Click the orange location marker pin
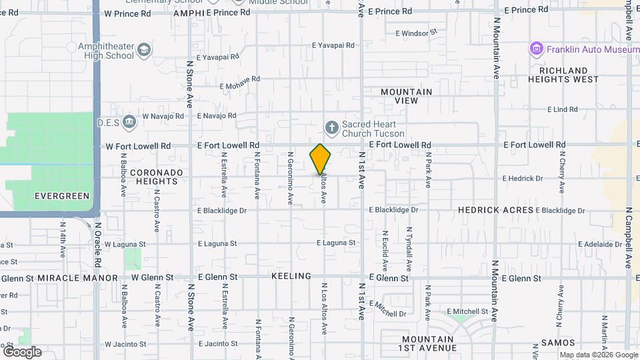click(x=320, y=159)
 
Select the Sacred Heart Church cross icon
click(x=331, y=127)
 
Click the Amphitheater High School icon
click(x=144, y=50)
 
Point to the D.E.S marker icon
click(x=129, y=121)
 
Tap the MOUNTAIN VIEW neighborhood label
click(x=406, y=96)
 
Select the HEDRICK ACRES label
click(x=495, y=210)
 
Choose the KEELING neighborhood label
click(x=291, y=276)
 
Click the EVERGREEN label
click(x=61, y=196)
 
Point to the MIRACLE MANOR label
click(x=77, y=277)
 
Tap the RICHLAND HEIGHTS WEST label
click(x=563, y=75)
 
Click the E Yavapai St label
click(x=333, y=45)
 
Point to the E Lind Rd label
click(x=562, y=109)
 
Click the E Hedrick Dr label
click(x=523, y=179)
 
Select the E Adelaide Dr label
click(x=600, y=245)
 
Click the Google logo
click(x=22, y=351)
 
